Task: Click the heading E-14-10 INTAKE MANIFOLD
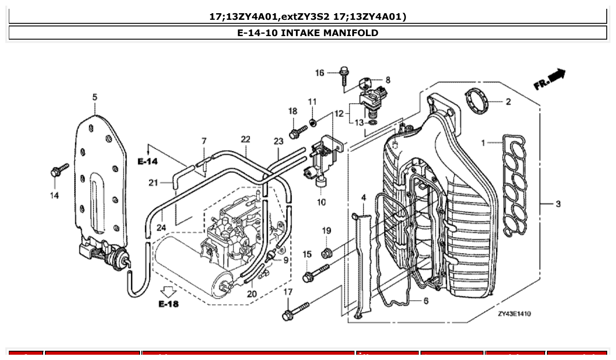coord(307,33)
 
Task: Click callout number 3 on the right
coord(558,204)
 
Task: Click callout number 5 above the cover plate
coord(95,97)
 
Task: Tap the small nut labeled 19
coord(327,253)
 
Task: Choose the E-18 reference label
coord(169,304)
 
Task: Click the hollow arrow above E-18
coord(169,291)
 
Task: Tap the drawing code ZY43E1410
coord(514,314)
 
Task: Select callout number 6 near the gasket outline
coord(426,301)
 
